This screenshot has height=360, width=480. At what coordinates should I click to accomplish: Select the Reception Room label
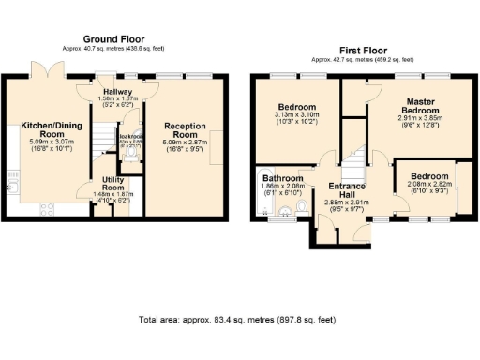click(x=185, y=130)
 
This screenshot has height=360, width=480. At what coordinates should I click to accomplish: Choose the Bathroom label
click(x=282, y=178)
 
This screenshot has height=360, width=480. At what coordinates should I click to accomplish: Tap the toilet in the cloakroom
click(x=136, y=157)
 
